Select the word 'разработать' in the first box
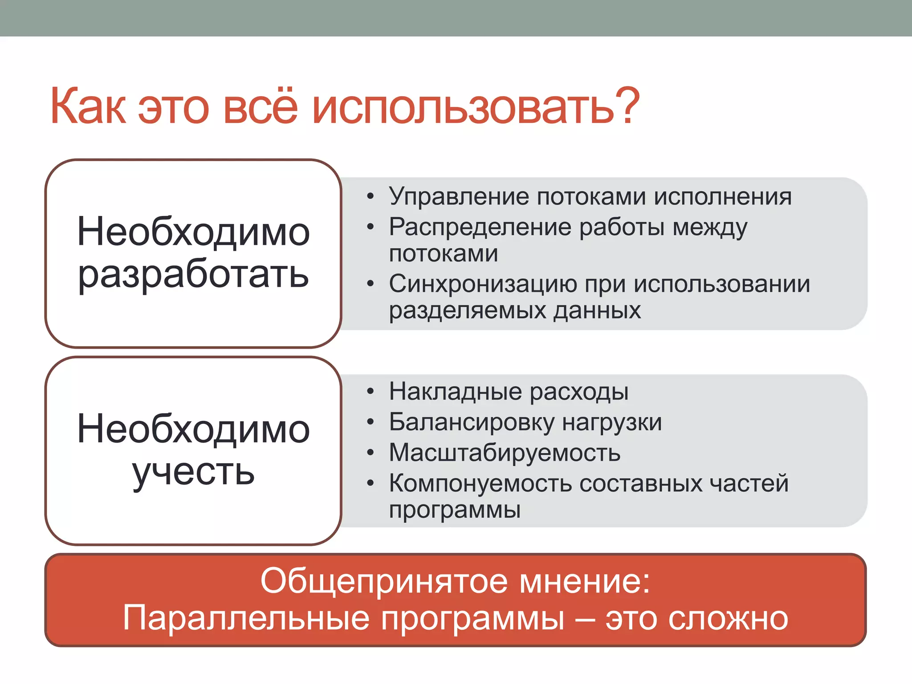pos(193,274)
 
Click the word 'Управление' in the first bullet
pos(459,196)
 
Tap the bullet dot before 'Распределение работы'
pos(370,227)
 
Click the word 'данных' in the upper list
pos(597,310)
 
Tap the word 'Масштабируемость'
pos(505,453)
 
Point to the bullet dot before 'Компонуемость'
pos(370,483)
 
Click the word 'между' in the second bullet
pos(710,228)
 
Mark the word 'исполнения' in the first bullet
pos(723,196)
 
